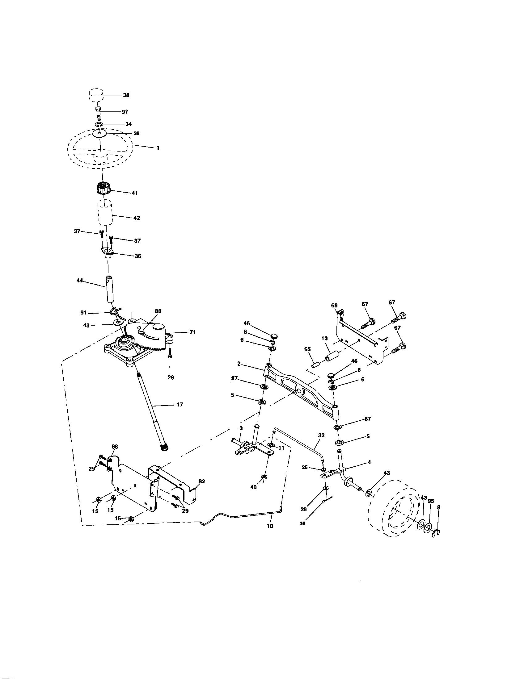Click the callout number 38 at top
(126, 95)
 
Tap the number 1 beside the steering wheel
(158, 148)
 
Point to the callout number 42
(137, 218)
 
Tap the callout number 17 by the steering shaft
(180, 405)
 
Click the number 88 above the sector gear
(158, 311)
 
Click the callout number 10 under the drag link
(270, 526)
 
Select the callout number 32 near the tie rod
(321, 435)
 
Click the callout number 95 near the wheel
(431, 501)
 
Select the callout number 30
(302, 523)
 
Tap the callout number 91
(83, 313)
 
